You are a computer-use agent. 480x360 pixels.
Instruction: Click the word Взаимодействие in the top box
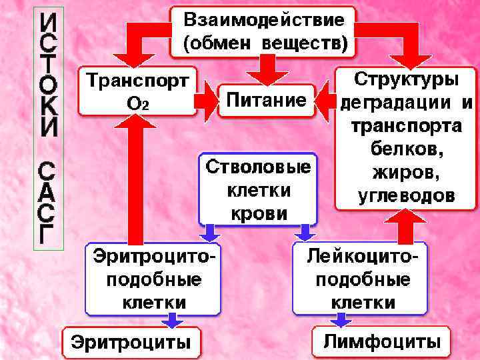264,21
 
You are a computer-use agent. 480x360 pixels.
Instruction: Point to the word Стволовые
259,167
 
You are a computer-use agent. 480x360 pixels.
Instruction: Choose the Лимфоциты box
382,342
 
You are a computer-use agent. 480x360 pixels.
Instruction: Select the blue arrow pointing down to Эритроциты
172,321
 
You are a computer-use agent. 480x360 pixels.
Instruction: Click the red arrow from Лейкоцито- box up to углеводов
405,227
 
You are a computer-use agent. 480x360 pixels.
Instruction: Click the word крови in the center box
259,213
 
